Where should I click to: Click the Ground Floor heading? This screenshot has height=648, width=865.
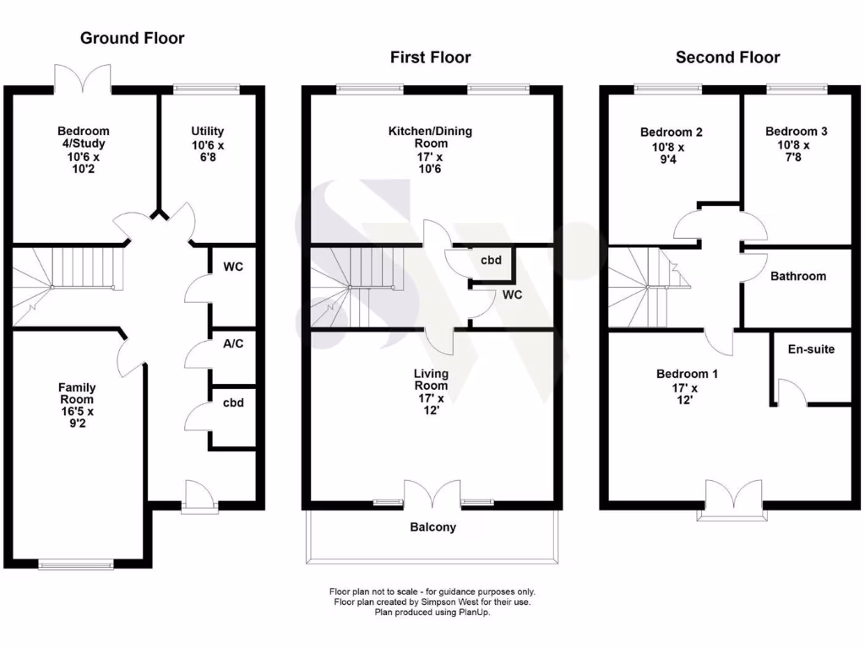132,38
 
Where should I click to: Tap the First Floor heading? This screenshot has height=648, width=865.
430,57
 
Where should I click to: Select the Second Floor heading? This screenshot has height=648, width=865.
727,57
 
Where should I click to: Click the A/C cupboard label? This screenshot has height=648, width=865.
233,344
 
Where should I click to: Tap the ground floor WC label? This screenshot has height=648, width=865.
233,267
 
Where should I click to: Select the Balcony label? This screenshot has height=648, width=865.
432,527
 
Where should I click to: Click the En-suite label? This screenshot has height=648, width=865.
811,348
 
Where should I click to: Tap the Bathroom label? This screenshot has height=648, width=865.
798,276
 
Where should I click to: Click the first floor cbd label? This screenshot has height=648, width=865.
491,260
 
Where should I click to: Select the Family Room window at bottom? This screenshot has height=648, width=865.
65,564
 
